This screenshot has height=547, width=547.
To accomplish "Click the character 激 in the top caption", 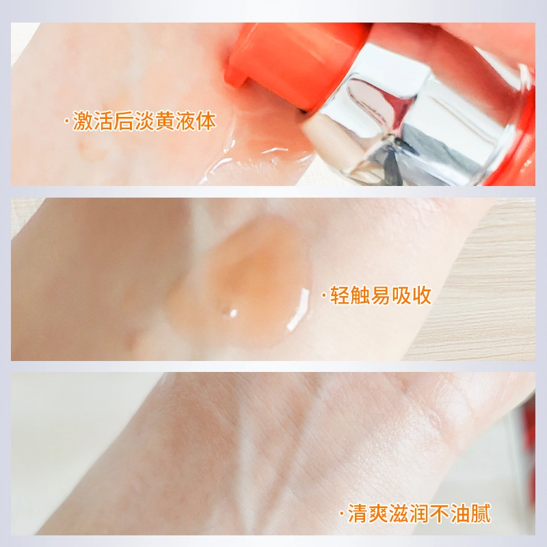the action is pos(83,121).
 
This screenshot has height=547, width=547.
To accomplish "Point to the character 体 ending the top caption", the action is pos(206,121).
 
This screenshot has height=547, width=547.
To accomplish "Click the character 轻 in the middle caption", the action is pos(340,295).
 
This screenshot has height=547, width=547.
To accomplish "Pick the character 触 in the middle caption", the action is pos(360,295).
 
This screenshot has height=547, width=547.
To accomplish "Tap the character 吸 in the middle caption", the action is pos(401,295).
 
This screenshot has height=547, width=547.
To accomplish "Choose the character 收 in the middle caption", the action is pos(422,295).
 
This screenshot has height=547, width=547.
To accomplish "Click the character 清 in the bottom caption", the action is pos(358,513).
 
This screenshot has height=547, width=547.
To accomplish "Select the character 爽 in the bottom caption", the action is pos(379,513).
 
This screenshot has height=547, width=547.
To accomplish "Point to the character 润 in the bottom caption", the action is pos(419,513).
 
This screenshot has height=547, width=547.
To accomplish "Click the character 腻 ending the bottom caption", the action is pos(481,513).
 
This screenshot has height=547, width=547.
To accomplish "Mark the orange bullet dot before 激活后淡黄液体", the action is pos(66,122).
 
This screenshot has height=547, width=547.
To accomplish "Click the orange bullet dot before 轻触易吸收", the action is pos(324,296).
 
